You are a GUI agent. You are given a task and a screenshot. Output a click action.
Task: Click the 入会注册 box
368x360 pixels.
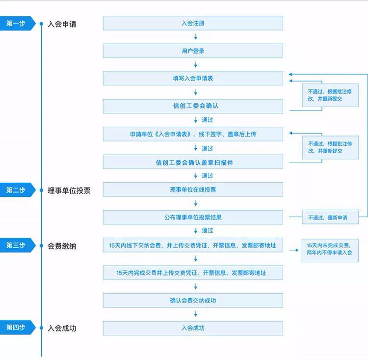coord(193,23)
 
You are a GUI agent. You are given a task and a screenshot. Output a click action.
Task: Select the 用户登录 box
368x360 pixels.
coord(193,51)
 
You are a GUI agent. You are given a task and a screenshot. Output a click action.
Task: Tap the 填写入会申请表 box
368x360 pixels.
coord(193,79)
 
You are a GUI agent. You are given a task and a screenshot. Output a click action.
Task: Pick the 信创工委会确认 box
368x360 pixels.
coord(193,106)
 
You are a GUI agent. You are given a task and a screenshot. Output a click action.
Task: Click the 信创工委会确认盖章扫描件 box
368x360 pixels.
coord(193,162)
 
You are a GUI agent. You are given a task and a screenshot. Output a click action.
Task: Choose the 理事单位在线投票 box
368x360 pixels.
coord(193,190)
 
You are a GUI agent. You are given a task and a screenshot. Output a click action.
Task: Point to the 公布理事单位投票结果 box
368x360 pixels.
coord(193,217)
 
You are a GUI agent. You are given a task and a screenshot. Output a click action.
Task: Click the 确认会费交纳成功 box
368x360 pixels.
coord(193,301)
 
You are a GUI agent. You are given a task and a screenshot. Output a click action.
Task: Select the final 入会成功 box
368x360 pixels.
coord(193,328)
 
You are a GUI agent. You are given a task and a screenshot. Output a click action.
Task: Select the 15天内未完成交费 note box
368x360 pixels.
coord(330,250)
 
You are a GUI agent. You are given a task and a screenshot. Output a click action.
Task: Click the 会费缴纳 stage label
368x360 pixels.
coord(62,246)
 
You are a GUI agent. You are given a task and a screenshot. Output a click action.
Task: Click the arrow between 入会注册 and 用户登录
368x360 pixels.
coord(196,37)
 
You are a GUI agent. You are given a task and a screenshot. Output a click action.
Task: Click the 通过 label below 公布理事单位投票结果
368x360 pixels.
coord(208,230)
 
